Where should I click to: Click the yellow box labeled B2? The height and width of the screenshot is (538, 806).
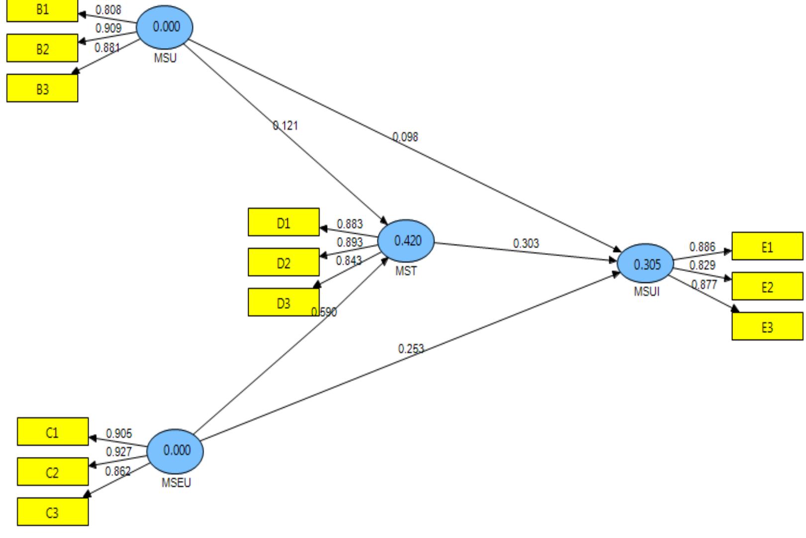click(42, 49)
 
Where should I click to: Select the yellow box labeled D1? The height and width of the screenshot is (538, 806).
click(283, 222)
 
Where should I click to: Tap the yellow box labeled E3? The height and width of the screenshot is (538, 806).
click(767, 327)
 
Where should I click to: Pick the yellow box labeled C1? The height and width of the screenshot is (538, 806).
click(53, 432)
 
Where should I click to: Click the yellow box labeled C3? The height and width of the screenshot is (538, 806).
click(53, 512)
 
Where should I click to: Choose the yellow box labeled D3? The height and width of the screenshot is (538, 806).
click(283, 302)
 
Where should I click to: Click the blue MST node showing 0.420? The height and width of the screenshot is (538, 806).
click(406, 241)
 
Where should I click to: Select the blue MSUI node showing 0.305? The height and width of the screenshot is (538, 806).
click(645, 265)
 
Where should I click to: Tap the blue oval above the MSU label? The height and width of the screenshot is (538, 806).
click(165, 27)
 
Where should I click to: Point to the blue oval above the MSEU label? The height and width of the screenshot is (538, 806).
click(176, 450)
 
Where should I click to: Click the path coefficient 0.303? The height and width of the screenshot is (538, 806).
click(526, 244)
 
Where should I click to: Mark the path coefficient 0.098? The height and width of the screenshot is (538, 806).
click(405, 137)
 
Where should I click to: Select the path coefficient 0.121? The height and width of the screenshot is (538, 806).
click(285, 126)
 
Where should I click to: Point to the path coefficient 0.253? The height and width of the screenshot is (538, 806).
click(411, 349)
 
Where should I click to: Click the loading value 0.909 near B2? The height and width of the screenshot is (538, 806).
click(108, 28)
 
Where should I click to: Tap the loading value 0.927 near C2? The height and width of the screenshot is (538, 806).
click(119, 452)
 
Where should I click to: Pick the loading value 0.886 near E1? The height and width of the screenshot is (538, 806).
click(702, 247)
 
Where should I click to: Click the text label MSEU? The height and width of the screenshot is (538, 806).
click(176, 483)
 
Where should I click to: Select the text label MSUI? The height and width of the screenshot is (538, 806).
click(646, 292)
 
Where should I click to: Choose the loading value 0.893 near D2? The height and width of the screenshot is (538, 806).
click(350, 242)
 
